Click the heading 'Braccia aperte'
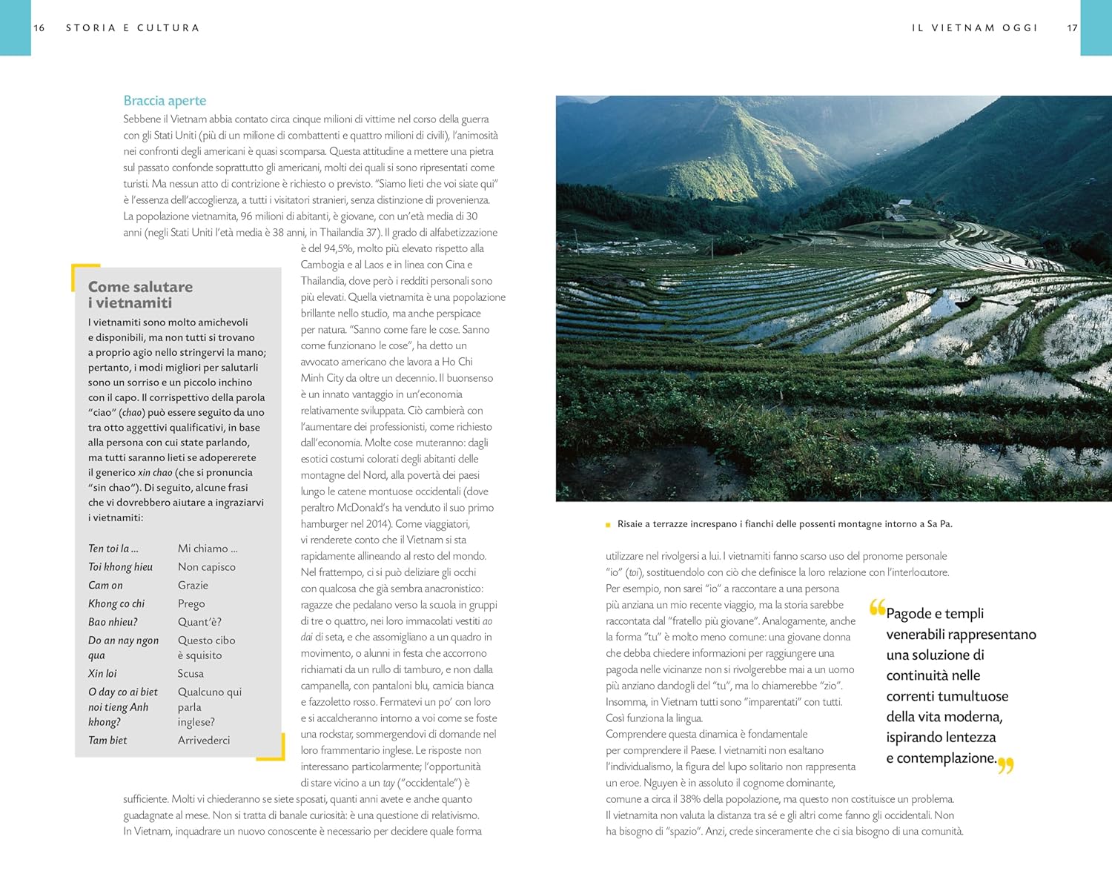click(165, 101)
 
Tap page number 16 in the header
click(39, 28)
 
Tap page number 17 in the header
click(1072, 28)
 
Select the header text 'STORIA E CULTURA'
click(133, 28)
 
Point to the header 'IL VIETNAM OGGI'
click(974, 28)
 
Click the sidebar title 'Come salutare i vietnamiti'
click(140, 294)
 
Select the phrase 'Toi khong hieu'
click(120, 567)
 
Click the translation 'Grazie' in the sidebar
click(193, 586)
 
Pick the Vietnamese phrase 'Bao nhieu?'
click(113, 622)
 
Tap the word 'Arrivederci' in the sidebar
click(204, 741)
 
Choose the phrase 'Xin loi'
click(102, 674)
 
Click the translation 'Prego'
click(191, 604)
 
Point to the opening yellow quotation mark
click(877, 609)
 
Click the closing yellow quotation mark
click(1005, 765)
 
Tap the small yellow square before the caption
click(608, 525)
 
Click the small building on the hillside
click(904, 202)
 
